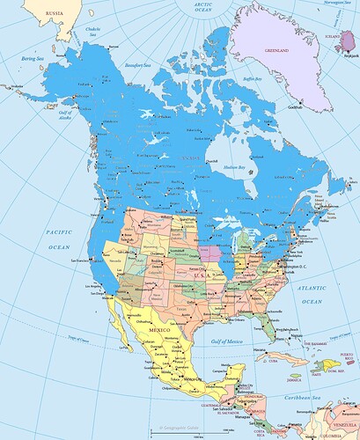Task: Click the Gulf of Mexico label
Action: pyautogui.click(x=222, y=341)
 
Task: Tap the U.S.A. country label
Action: pyautogui.click(x=201, y=275)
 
